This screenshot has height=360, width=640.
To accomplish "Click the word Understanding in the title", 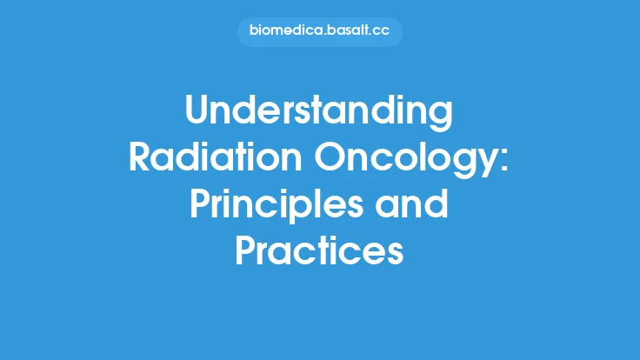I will click(320, 113).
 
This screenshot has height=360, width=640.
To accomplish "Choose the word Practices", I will click(320, 252).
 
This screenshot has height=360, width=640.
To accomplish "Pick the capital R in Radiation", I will click(142, 159).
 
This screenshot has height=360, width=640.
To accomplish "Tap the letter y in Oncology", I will click(485, 165).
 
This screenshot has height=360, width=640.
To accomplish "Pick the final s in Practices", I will click(396, 253).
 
